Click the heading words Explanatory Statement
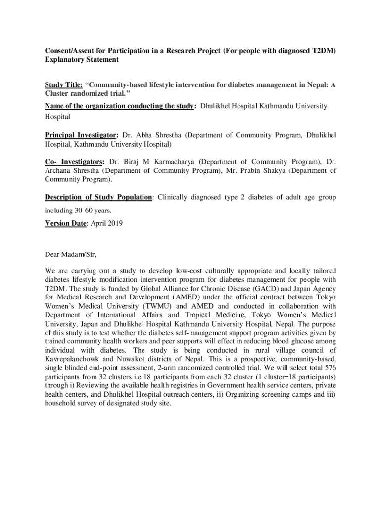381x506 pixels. [82, 60]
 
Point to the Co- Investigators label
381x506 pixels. [75, 162]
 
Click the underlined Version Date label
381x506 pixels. [66, 223]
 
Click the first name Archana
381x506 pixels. [58, 171]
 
